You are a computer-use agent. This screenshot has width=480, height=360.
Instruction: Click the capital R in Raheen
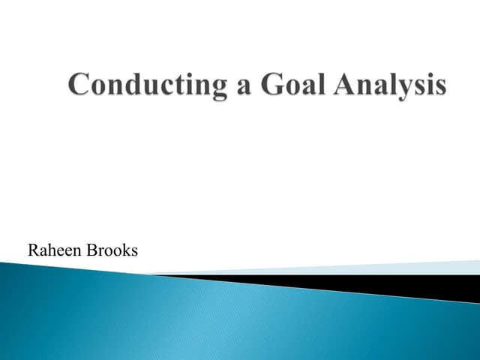[x=33, y=250]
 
